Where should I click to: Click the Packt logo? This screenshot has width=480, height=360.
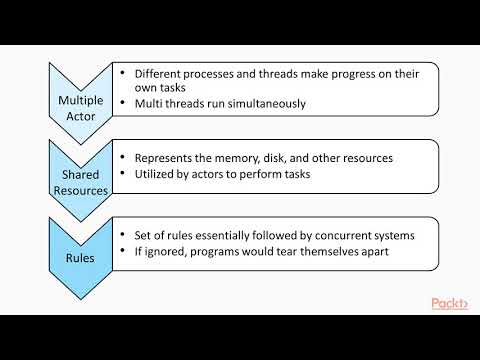(451, 303)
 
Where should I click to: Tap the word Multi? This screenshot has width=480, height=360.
(153, 104)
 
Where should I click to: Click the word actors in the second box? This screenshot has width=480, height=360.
(217, 175)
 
